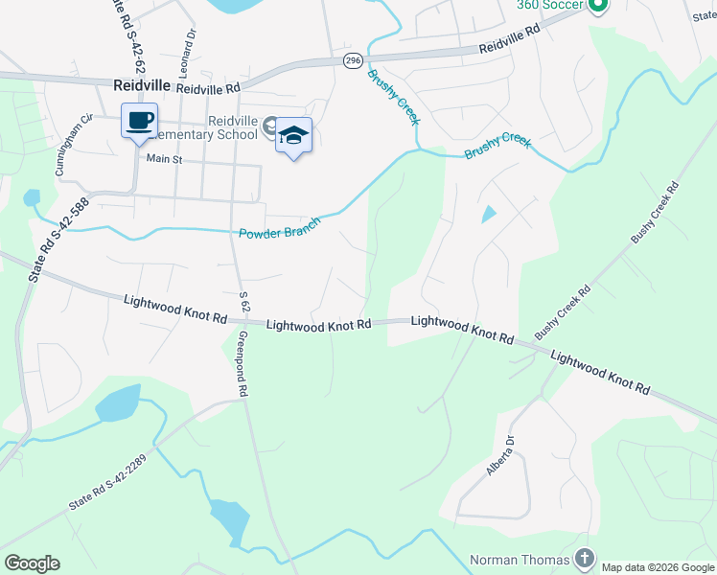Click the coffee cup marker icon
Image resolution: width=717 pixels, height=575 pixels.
pyautogui.click(x=140, y=122)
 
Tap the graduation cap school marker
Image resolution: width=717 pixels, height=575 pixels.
pyautogui.click(x=294, y=135)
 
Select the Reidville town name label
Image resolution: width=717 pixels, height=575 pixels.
pyautogui.click(x=141, y=85)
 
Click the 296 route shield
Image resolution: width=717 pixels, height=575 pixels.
pyautogui.click(x=353, y=60)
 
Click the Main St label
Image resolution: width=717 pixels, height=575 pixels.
pyautogui.click(x=164, y=159)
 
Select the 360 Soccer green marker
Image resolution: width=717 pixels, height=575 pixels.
pyautogui.click(x=598, y=6)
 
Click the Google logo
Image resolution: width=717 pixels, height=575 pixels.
pyautogui.click(x=32, y=563)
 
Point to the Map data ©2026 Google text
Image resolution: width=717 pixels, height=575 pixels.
pyautogui.click(x=658, y=567)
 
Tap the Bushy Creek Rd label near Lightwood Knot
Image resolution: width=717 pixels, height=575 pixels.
pyautogui.click(x=563, y=311)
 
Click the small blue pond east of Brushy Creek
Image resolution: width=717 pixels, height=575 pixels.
pyautogui.click(x=489, y=215)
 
